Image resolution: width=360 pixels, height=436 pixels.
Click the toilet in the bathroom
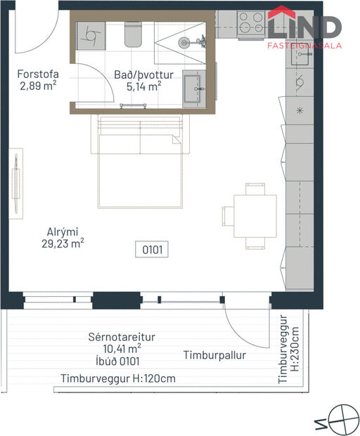[x=134, y=34]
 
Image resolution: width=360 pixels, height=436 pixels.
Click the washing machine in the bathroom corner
[x=89, y=34]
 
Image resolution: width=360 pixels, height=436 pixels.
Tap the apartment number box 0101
[x=153, y=248]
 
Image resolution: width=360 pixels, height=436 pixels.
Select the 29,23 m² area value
[x=62, y=244]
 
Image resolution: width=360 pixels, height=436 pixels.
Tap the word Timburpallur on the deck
[x=214, y=355]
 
